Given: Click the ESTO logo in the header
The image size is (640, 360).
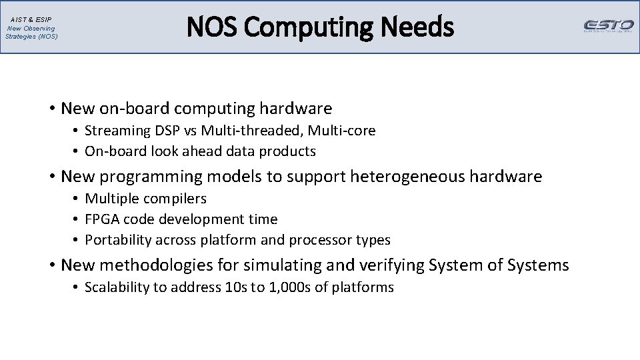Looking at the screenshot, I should click(x=608, y=26).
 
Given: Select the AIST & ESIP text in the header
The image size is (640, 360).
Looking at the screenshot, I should click(x=31, y=20).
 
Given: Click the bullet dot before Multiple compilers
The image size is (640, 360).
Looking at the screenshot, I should click(x=77, y=199).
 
